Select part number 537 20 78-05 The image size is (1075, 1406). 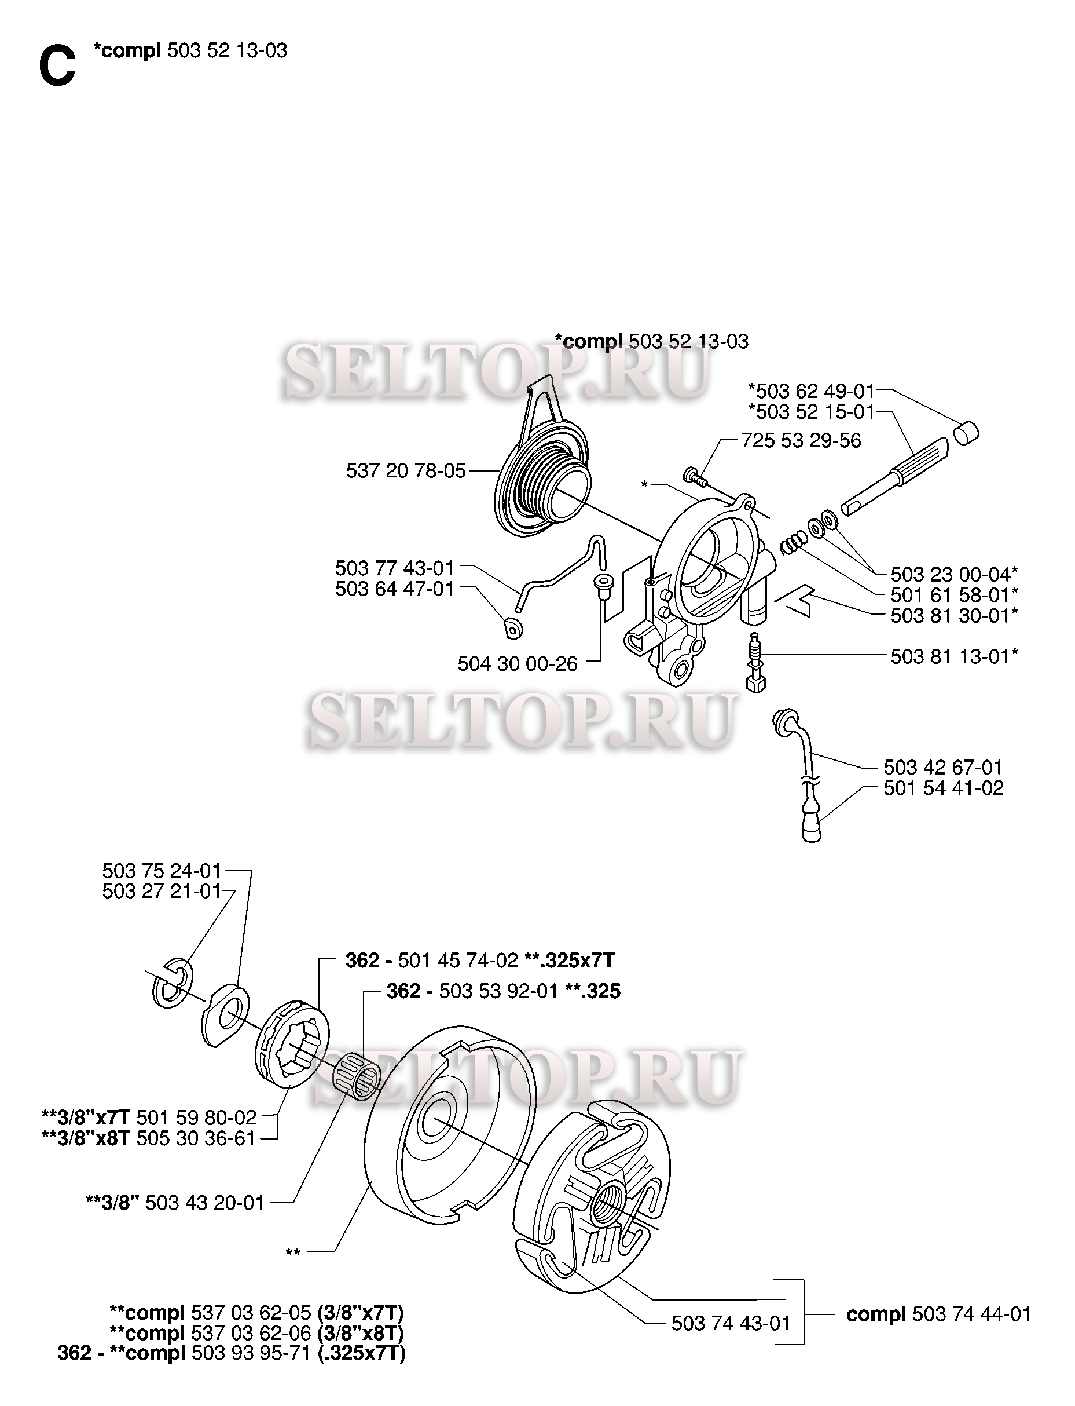[x=406, y=471]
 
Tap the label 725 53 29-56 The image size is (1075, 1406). [x=801, y=440]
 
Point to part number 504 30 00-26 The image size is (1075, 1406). [x=518, y=663]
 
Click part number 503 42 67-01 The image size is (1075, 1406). [x=943, y=767]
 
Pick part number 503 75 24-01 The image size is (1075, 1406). [x=162, y=871]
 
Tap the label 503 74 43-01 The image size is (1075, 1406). [x=731, y=1323]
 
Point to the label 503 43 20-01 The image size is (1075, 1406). [x=205, y=1203]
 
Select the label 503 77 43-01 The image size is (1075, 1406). [x=395, y=568]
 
